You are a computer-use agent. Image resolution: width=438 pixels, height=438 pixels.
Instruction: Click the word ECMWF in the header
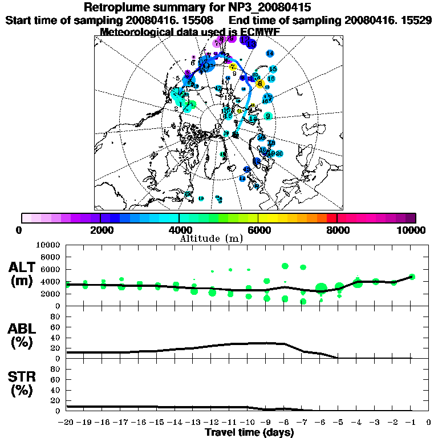pos(258,32)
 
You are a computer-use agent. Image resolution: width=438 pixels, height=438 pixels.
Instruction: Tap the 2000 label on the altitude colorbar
pos(99,230)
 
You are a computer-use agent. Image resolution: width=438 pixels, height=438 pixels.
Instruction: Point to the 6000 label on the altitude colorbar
pos(258,230)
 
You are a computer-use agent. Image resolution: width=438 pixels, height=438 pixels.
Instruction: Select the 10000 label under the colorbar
pos(413,230)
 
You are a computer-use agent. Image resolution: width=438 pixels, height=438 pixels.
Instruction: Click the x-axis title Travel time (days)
pos(249,432)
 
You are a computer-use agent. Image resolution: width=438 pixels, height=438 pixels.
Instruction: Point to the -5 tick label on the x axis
pos(338,422)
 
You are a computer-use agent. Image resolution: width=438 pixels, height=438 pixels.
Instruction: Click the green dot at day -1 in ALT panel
pos(412,277)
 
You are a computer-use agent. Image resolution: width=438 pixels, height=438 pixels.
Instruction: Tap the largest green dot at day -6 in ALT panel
pos(321,287)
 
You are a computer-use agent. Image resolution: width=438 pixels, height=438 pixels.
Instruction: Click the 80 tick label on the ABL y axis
pos(56,316)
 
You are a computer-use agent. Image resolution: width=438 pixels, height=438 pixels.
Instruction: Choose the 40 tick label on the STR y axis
pos(56,390)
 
